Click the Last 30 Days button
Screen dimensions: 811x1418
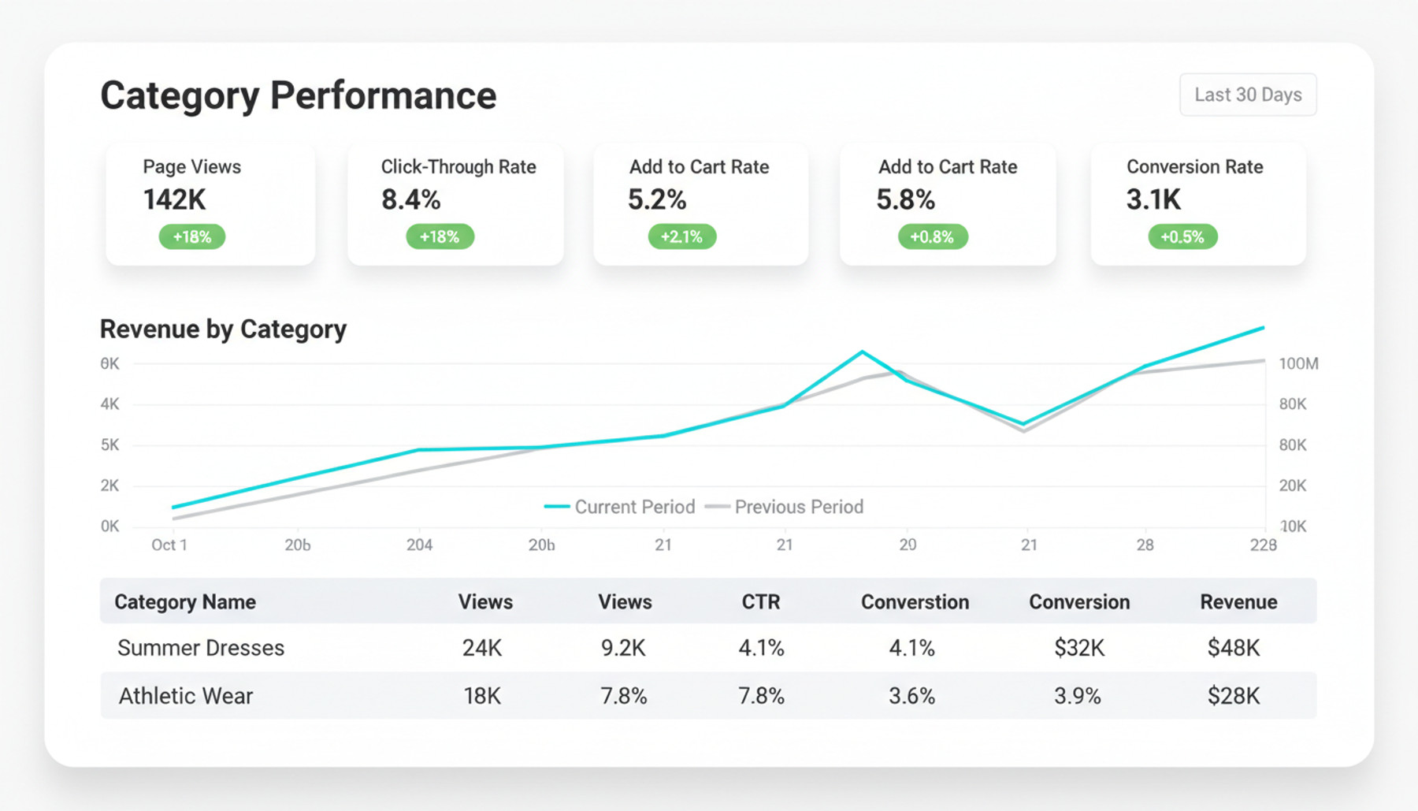coord(1247,95)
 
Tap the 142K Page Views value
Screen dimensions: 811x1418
coord(174,200)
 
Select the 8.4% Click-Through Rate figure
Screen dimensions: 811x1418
coord(410,200)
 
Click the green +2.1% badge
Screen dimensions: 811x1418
coord(681,236)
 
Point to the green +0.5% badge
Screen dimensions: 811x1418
coord(1182,236)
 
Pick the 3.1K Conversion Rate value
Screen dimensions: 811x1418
coord(1153,200)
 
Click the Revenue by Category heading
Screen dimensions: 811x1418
coord(223,329)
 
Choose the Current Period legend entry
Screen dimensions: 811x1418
coord(620,507)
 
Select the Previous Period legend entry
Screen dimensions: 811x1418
coord(785,507)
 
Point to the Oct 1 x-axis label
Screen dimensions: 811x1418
coord(169,545)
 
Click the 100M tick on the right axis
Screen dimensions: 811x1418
coord(1298,364)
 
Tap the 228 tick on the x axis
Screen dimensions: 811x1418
coord(1263,545)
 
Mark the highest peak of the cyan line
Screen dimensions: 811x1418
coord(1263,327)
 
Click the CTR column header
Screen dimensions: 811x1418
coord(760,602)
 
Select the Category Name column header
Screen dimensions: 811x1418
coord(185,602)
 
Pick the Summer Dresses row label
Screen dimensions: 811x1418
coord(201,648)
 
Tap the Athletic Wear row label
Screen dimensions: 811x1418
coord(186,696)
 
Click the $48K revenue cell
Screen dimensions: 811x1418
coord(1234,648)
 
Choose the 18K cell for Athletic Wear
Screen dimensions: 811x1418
coord(482,696)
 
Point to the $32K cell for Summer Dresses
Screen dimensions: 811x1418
coord(1079,648)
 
